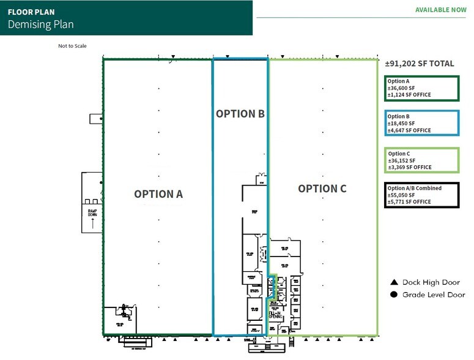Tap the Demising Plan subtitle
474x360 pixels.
[40, 24]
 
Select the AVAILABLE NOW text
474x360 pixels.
[440, 10]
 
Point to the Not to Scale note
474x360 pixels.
[73, 46]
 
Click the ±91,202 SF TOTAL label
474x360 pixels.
[420, 63]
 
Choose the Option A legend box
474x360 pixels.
[421, 88]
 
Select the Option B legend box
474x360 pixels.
[421, 123]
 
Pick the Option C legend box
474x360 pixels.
[421, 160]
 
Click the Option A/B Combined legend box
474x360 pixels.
[421, 195]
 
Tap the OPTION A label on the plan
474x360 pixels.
[158, 193]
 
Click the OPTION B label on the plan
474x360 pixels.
[240, 113]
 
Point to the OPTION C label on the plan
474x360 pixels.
[322, 189]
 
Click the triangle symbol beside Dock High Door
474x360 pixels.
[394, 283]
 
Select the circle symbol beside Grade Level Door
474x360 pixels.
[394, 294]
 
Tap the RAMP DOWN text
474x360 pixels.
[92, 212]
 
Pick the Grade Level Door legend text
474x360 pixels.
[434, 294]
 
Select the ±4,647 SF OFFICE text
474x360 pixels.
[409, 130]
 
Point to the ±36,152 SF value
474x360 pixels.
[401, 160]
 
